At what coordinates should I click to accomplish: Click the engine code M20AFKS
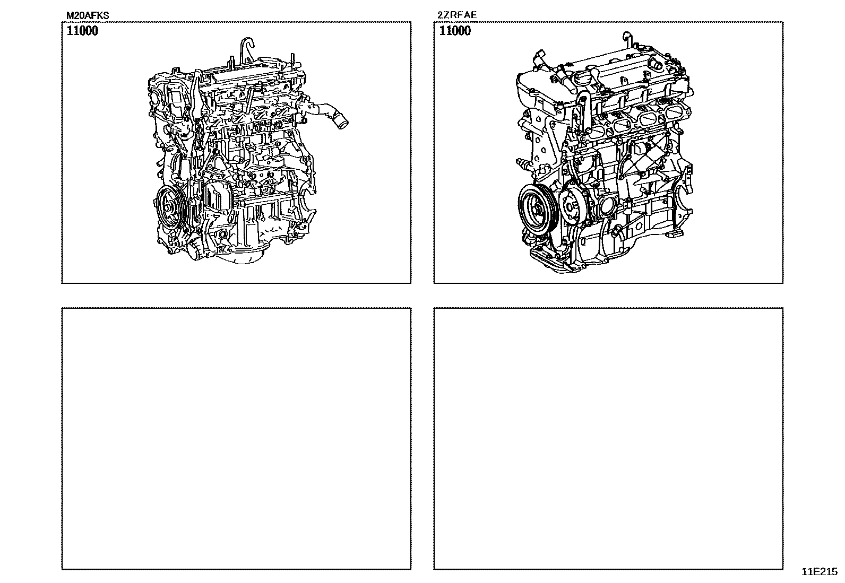88,15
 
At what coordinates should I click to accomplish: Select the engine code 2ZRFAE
457,15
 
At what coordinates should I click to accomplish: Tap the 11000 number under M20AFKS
82,31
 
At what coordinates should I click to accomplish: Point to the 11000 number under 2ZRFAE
455,31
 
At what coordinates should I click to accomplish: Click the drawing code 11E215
820,572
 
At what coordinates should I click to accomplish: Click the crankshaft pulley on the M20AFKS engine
170,207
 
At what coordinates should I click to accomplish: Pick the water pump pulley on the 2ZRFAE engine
572,206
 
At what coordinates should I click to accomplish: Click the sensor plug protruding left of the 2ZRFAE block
522,163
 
